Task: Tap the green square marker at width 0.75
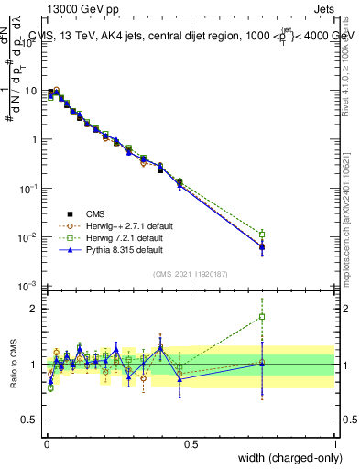point(262,234)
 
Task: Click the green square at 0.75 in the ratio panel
point(262,317)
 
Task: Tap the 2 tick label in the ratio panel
point(34,308)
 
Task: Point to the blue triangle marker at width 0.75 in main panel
point(262,245)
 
